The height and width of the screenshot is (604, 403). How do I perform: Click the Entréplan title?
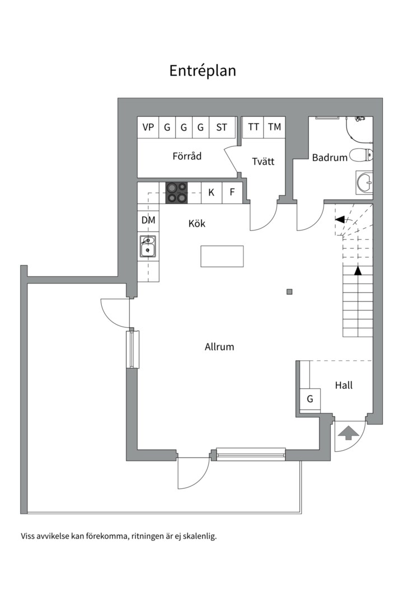(203, 71)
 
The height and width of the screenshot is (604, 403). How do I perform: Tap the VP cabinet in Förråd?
(148, 127)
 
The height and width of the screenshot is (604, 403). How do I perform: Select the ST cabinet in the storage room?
(222, 127)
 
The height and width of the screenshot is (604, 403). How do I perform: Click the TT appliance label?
(254, 127)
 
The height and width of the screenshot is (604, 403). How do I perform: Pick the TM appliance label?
(275, 127)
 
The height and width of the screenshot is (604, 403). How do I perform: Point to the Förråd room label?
(187, 156)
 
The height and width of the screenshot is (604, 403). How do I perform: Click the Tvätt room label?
(264, 161)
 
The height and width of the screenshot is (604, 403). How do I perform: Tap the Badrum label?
(330, 158)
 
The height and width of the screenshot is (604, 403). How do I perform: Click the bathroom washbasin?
(364, 181)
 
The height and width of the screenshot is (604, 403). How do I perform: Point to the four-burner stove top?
(177, 192)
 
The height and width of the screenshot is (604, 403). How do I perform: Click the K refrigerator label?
(211, 192)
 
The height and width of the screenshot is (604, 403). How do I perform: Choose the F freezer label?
(232, 192)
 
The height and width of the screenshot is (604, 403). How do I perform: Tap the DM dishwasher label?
(148, 220)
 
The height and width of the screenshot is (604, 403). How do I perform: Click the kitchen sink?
(148, 247)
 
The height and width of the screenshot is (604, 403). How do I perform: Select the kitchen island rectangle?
(222, 256)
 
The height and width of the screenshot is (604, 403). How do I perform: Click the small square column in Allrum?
(289, 291)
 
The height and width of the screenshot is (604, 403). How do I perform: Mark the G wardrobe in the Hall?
(310, 399)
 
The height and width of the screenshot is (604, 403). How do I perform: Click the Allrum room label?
(219, 347)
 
